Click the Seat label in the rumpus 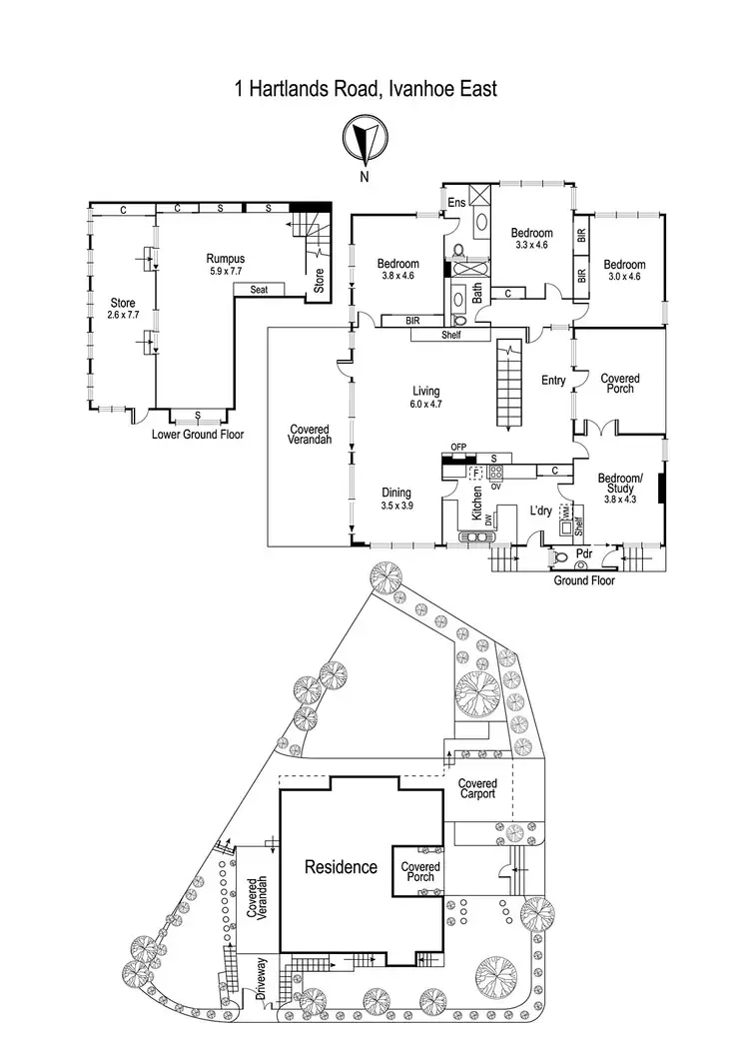click(x=259, y=290)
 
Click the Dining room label click(x=397, y=493)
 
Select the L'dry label click(x=541, y=511)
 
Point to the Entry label click(x=553, y=380)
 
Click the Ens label click(x=457, y=202)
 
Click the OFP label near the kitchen click(x=459, y=447)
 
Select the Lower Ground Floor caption click(x=198, y=435)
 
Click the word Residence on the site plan click(x=342, y=866)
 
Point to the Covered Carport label click(x=477, y=789)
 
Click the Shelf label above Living click(x=453, y=336)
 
